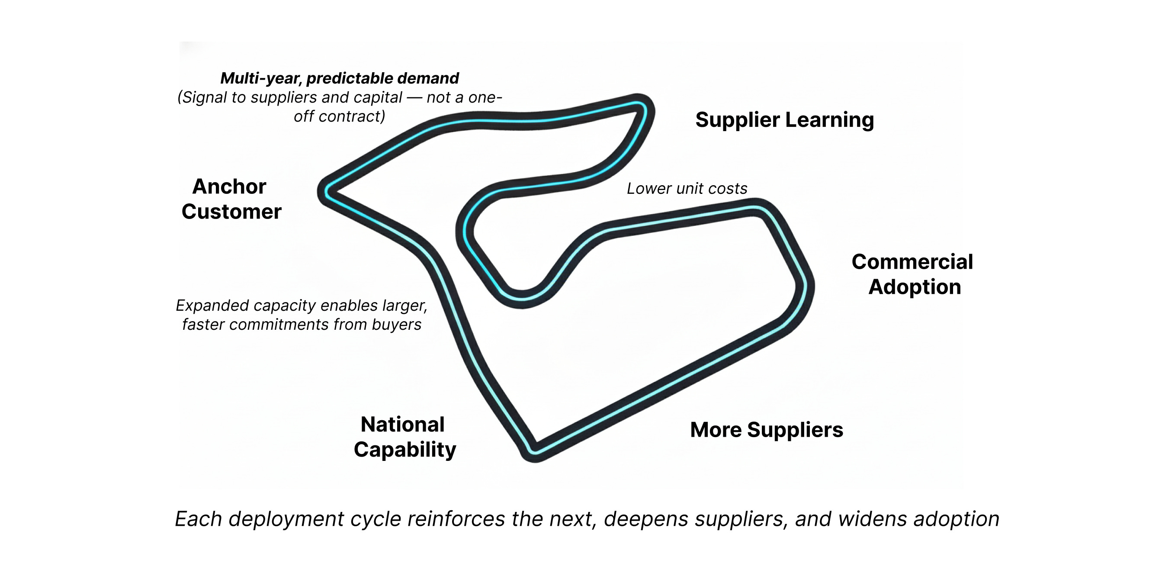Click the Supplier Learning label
tap(784, 120)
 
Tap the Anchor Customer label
tap(231, 199)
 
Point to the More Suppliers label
tap(766, 430)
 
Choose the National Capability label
tap(405, 437)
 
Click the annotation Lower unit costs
tap(687, 188)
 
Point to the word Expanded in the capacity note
tap(212, 305)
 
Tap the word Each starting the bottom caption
tap(199, 519)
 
